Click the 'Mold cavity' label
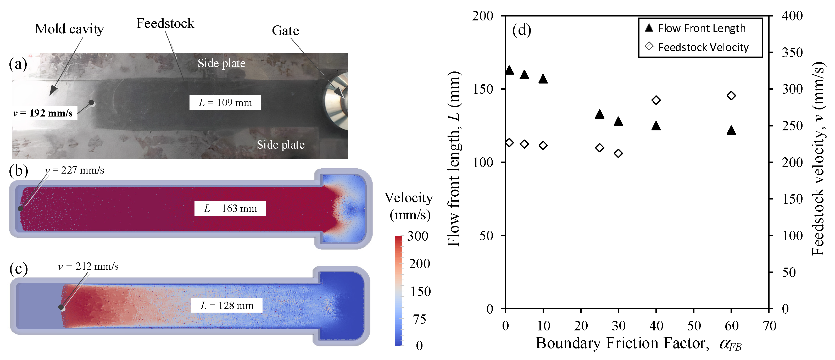[x=69, y=29]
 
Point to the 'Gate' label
[x=285, y=31]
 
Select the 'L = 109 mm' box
[x=225, y=102]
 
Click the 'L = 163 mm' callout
[x=230, y=208]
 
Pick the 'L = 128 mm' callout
[x=227, y=305]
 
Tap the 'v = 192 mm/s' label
[x=43, y=113]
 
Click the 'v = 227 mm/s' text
[x=75, y=170]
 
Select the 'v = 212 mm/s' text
[x=88, y=266]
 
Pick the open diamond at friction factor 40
[x=656, y=100]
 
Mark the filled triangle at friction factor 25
[x=599, y=114]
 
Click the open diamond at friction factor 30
[x=618, y=153]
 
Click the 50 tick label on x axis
[x=694, y=326]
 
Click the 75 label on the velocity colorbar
[x=419, y=319]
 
